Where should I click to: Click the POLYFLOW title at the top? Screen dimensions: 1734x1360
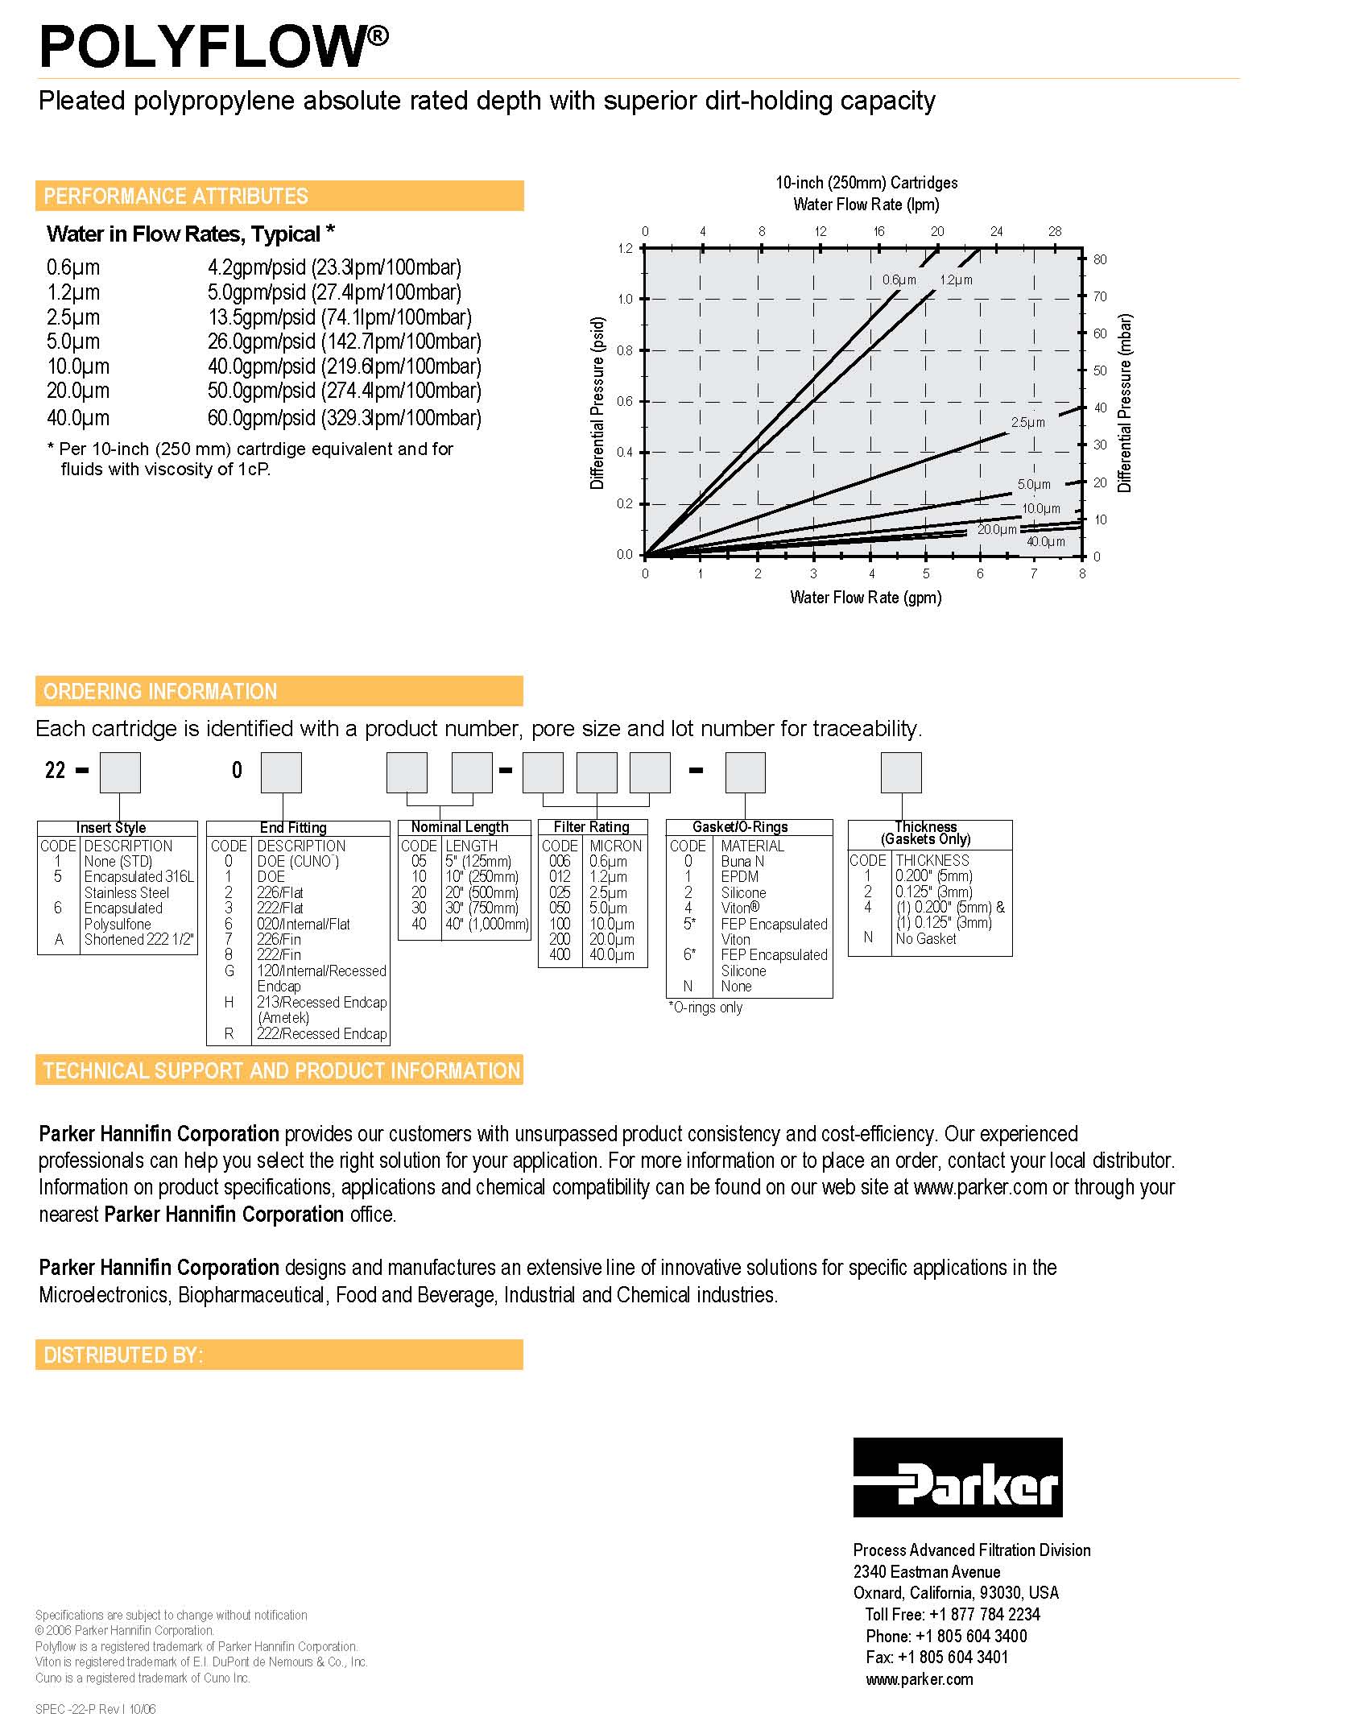click(213, 47)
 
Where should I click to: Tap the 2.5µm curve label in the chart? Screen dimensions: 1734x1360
click(1027, 422)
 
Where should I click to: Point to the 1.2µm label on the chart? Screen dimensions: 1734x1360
click(956, 280)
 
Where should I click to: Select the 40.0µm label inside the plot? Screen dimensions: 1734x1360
click(1045, 542)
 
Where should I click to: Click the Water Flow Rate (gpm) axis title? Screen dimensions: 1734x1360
click(866, 598)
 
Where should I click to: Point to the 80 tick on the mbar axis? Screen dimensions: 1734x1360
click(1100, 259)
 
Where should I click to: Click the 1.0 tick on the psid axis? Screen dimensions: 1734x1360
click(625, 299)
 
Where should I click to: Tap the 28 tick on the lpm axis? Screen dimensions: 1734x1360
click(1055, 231)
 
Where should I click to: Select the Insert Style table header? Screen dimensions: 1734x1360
click(111, 828)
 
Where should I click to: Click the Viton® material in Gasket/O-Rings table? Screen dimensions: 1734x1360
click(740, 908)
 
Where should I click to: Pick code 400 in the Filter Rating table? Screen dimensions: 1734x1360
click(560, 954)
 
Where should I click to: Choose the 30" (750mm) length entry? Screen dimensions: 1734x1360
click(482, 908)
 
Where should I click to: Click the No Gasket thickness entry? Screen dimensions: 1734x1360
click(926, 938)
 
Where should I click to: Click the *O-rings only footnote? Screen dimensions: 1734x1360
click(705, 1008)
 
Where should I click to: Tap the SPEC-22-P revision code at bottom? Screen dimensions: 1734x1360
click(96, 1709)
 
